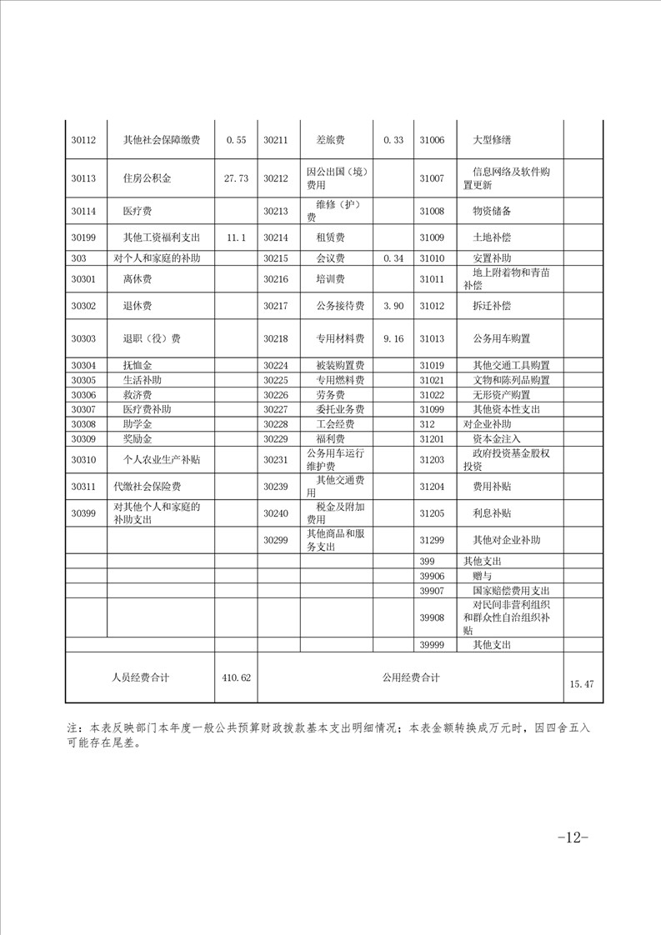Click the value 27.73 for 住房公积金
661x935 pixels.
[236, 178]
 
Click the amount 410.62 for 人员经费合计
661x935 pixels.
[236, 678]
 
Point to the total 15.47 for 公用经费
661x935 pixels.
[581, 684]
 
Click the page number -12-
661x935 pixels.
[573, 837]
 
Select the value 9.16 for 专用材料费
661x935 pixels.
[393, 339]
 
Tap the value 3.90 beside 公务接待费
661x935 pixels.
[393, 307]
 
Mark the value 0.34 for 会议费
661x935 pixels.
[393, 258]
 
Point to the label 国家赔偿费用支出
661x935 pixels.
[511, 590]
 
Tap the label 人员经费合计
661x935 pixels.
[140, 677]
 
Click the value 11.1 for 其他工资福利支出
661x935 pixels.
[236, 237]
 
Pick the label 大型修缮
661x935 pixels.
[491, 140]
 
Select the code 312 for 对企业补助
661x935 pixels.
[428, 424]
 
